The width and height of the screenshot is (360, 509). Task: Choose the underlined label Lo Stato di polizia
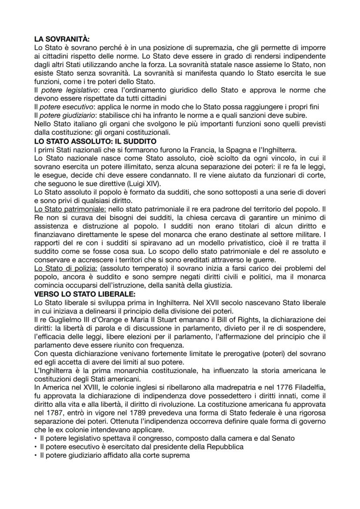point(66,266)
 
